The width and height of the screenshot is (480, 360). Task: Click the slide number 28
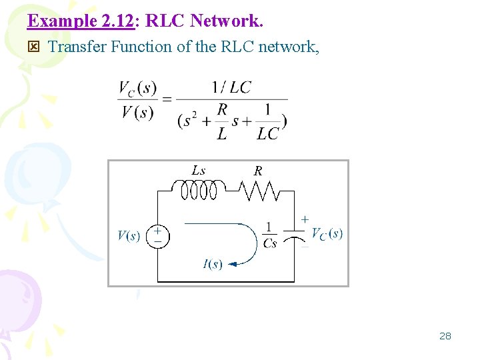click(x=445, y=336)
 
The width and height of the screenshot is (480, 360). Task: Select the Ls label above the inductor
click(x=199, y=171)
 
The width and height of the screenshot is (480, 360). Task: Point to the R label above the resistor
click(x=258, y=171)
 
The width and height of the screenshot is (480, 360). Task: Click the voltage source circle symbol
click(x=157, y=235)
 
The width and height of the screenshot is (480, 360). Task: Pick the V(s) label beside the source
click(x=129, y=235)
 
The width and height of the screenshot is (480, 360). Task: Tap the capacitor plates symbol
click(x=294, y=234)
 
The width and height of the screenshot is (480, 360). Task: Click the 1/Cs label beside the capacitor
click(x=269, y=235)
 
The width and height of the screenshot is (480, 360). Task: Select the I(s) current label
click(x=212, y=265)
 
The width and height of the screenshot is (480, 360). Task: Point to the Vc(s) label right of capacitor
click(x=327, y=233)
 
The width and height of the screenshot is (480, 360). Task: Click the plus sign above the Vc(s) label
click(x=305, y=219)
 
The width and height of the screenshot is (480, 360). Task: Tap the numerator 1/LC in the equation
click(x=231, y=87)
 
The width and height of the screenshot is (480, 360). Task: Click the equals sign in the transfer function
click(x=167, y=99)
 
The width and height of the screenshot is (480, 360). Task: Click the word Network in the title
click(x=227, y=21)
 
